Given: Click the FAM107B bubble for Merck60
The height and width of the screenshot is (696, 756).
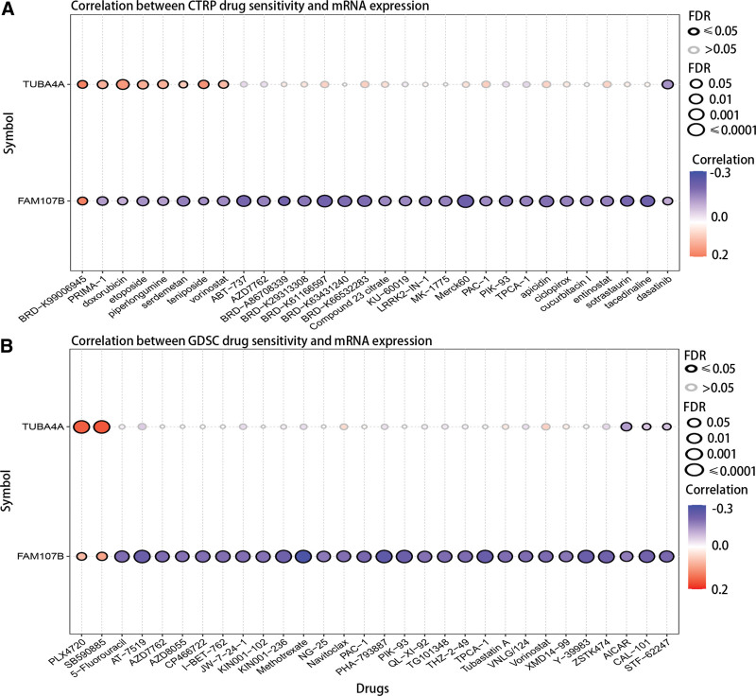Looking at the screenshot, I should [x=465, y=200].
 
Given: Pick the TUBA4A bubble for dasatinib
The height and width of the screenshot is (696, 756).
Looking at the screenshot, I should [x=667, y=85].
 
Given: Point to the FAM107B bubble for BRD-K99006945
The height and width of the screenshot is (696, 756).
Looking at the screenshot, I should [x=81, y=200].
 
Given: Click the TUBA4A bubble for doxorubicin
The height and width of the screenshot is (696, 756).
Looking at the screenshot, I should [x=122, y=85].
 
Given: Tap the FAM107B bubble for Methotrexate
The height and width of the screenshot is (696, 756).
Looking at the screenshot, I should [x=303, y=556].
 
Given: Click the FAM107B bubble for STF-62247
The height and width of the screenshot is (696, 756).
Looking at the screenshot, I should [x=667, y=556].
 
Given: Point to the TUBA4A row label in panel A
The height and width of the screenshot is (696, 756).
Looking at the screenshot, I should [x=45, y=85].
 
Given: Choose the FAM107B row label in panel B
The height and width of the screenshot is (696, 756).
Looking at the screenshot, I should [x=43, y=556].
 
